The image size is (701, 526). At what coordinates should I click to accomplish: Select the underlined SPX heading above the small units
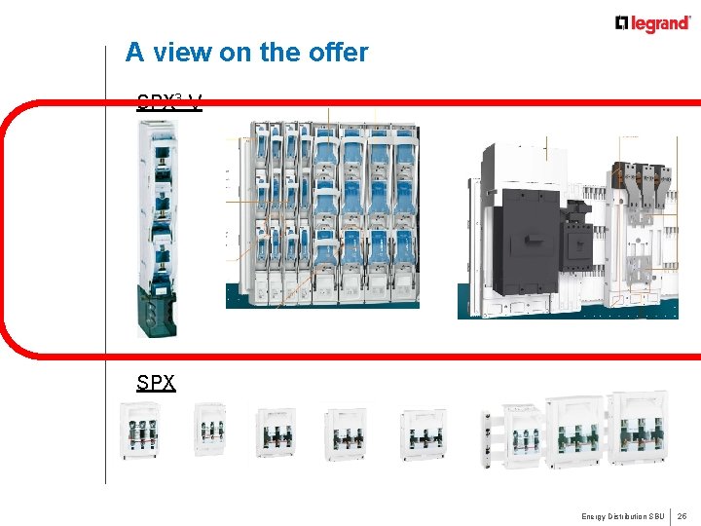click(156, 382)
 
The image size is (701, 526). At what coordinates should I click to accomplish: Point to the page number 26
click(683, 515)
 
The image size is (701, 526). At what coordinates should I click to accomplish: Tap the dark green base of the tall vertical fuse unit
click(157, 311)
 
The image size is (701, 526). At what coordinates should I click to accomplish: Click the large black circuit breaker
click(527, 239)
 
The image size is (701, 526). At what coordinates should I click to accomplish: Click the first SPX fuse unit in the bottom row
click(140, 430)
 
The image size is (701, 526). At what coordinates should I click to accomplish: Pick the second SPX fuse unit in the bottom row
click(209, 429)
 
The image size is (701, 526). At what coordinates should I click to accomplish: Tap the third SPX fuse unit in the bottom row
click(276, 432)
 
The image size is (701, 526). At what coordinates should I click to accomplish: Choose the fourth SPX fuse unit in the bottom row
click(345, 432)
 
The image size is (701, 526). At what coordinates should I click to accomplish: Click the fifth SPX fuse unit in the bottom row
click(423, 432)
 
